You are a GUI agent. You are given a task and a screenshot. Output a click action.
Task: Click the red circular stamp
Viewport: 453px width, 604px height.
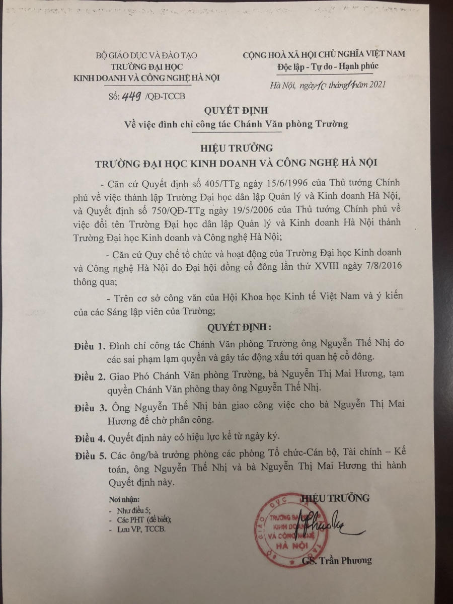pos(287,528)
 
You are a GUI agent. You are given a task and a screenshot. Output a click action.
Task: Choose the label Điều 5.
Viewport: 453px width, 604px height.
pos(87,457)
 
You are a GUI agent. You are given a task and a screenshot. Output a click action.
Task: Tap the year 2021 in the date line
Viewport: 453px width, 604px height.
pos(373,85)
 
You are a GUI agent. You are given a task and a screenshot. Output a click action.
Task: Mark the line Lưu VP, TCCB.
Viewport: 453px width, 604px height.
pos(139,530)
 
